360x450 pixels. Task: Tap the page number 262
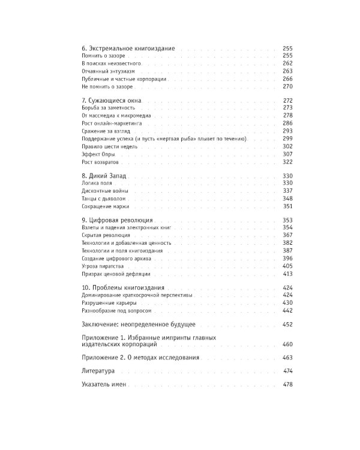(286, 63)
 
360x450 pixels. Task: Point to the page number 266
(286, 79)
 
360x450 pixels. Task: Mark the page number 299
(286, 139)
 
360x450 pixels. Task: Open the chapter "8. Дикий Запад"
(103, 175)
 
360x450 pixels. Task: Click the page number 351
(286, 206)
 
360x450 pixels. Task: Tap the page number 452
(286, 324)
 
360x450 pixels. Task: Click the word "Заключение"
(99, 324)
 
